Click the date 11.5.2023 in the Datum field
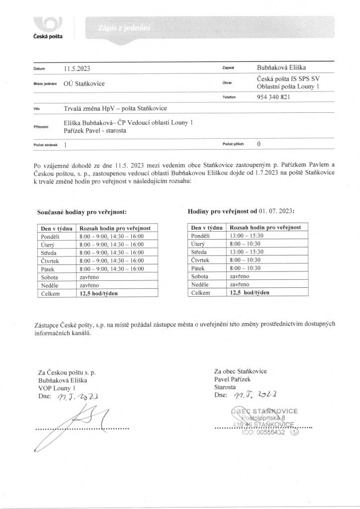[77, 69]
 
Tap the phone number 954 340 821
[272, 97]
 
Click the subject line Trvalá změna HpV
[115, 108]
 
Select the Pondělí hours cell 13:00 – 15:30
[246, 236]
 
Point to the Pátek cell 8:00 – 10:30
[245, 268]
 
